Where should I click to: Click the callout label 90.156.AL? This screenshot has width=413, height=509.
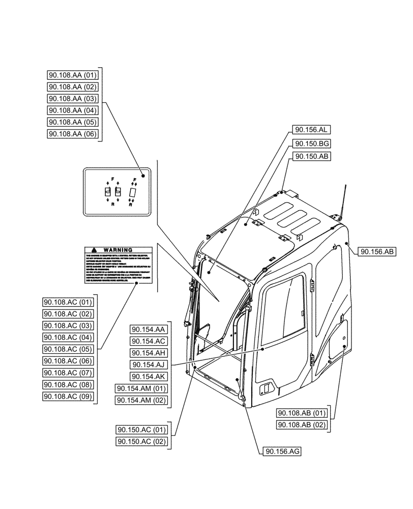tap(311, 130)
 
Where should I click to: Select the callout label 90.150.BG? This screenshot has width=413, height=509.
tap(311, 144)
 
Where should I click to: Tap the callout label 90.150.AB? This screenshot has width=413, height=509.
tap(311, 157)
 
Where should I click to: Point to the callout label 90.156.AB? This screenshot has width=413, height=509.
tap(378, 251)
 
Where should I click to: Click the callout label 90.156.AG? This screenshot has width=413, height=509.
tap(282, 451)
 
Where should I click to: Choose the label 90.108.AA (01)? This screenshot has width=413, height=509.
tap(72, 75)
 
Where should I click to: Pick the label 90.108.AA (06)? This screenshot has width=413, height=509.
tap(72, 134)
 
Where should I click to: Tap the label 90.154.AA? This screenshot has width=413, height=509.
tap(149, 329)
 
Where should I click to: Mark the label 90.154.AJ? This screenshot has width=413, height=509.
tap(149, 364)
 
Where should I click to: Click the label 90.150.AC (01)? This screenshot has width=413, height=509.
tap(141, 429)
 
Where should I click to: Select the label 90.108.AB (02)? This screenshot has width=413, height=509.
tap(302, 425)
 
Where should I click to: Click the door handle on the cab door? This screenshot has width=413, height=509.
tap(265, 390)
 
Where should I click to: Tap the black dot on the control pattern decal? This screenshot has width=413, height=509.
tap(143, 176)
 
